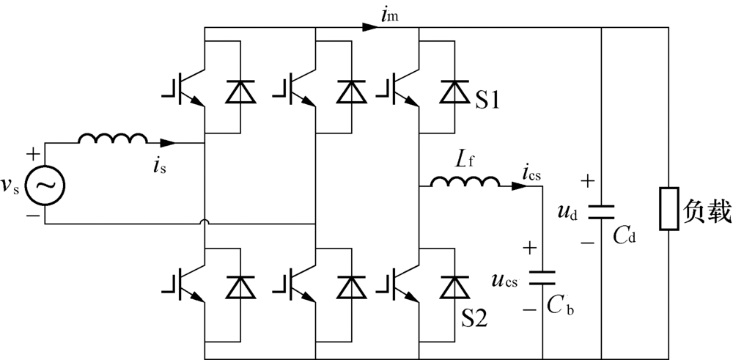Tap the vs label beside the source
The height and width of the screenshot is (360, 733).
click(x=12, y=184)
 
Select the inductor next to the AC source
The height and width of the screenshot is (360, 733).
click(x=112, y=139)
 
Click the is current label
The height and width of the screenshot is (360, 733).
click(x=158, y=166)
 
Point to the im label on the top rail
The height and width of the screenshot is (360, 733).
click(x=389, y=17)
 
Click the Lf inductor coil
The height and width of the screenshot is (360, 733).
click(x=464, y=181)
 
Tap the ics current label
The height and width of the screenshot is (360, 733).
click(x=531, y=175)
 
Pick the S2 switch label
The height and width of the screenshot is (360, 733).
click(x=475, y=320)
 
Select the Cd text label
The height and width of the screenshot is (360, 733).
click(x=625, y=237)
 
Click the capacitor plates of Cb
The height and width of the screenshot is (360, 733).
click(x=542, y=276)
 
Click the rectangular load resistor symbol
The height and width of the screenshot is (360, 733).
click(x=668, y=208)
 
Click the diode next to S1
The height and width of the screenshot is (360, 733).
click(x=454, y=91)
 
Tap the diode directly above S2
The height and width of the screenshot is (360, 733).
click(x=454, y=287)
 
